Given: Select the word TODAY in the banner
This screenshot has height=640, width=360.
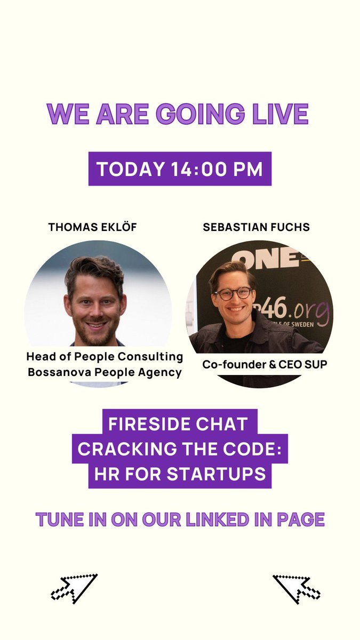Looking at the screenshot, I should (131, 169).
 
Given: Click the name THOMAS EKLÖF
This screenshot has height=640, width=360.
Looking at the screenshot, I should (93, 227).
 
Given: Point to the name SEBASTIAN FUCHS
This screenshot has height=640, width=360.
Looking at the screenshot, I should (257, 227).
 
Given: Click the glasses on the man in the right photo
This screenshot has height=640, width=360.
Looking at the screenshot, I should (234, 293).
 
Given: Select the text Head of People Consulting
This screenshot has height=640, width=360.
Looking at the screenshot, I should (105, 356).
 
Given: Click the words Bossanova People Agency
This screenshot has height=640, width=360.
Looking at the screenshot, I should (105, 372).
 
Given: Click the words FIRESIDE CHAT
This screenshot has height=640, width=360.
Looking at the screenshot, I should (178, 425).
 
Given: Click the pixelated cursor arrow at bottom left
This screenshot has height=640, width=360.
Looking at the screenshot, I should (74, 588).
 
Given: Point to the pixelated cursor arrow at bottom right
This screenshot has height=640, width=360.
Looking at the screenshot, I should (296, 588).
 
